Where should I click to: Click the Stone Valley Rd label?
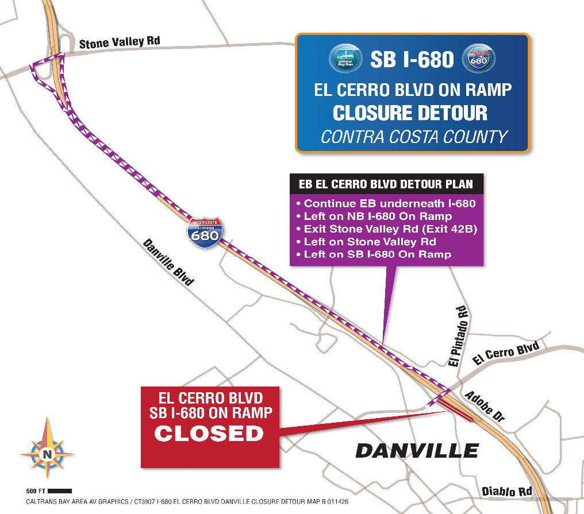(120, 42)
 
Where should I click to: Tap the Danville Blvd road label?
(168, 262)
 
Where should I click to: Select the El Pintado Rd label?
(460, 336)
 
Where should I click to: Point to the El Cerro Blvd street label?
(506, 353)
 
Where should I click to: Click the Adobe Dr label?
(485, 408)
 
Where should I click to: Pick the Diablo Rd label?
(506, 492)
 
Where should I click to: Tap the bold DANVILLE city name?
(417, 450)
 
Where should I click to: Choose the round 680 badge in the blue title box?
(479, 59)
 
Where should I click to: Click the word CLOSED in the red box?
(209, 433)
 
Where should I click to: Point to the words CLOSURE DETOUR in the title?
(410, 113)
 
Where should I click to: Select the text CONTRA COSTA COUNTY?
(414, 137)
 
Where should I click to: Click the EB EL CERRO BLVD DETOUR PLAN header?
(386, 184)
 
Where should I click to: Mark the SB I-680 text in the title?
(412, 59)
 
